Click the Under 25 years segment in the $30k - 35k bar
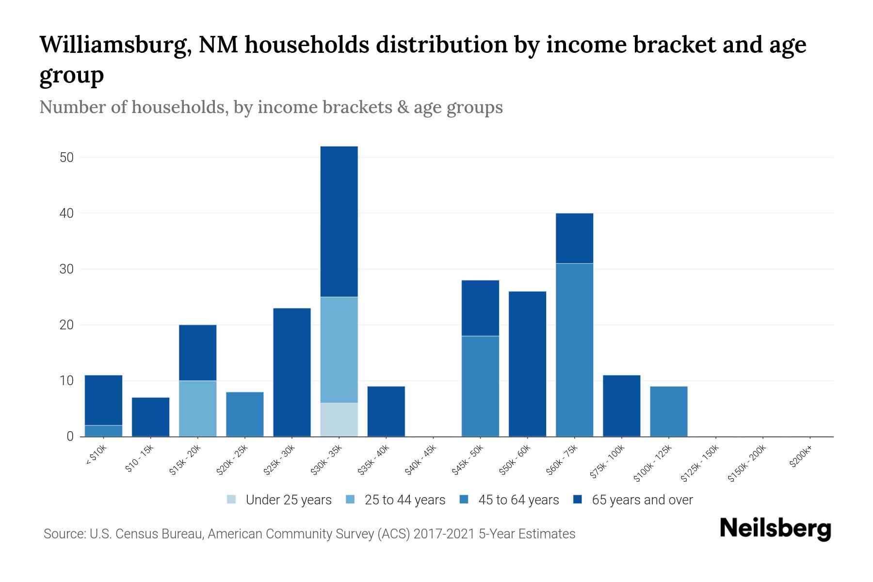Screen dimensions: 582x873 coord(339,420)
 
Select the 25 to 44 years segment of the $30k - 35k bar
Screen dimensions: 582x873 coord(339,350)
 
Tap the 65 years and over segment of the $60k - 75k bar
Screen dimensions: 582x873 coord(574,238)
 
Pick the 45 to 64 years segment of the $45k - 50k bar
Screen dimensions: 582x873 coord(480,386)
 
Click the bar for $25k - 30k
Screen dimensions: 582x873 coord(292,372)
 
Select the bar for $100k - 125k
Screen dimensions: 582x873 coord(668,411)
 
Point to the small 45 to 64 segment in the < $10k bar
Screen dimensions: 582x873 coord(103,431)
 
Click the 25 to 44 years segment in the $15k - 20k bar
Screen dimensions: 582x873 coord(197,408)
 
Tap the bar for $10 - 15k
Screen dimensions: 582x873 coord(150,417)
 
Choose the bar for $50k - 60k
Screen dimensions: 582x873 coord(527,364)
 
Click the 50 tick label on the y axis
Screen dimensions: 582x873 coord(66,158)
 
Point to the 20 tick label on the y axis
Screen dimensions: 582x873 coord(66,325)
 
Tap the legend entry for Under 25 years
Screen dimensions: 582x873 coord(279,500)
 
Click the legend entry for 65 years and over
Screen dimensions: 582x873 coord(633,500)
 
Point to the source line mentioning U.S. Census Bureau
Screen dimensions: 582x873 coord(309,534)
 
